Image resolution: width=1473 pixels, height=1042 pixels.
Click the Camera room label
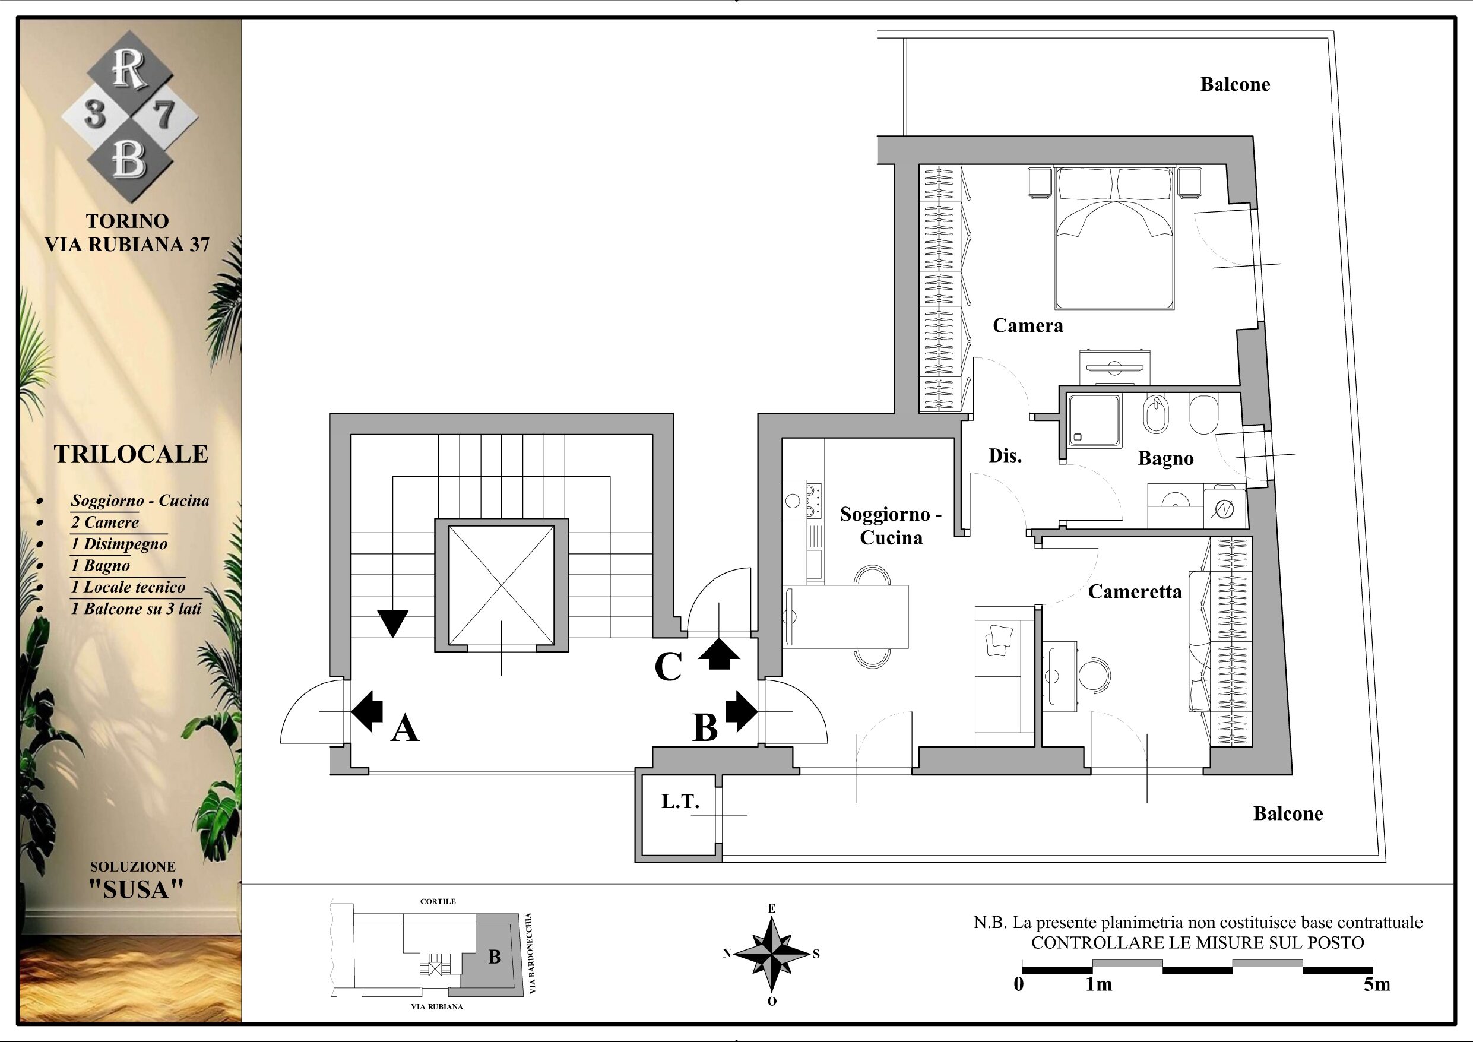(1028, 326)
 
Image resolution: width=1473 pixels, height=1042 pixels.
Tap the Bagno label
(1165, 459)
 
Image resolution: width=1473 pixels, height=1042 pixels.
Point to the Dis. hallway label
(1005, 455)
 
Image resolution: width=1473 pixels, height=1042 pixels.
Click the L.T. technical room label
(680, 802)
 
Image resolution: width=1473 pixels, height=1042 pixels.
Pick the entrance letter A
(405, 729)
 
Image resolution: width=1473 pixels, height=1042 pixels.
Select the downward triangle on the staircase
(392, 623)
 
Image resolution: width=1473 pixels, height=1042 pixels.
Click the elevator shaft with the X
(501, 585)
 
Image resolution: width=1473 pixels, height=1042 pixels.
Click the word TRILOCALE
(131, 454)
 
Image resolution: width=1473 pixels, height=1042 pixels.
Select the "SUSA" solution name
(136, 889)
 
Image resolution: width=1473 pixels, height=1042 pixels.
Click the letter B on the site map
(494, 957)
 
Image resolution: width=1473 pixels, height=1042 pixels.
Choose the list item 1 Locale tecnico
(128, 587)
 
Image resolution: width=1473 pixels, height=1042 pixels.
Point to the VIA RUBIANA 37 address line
(127, 245)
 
